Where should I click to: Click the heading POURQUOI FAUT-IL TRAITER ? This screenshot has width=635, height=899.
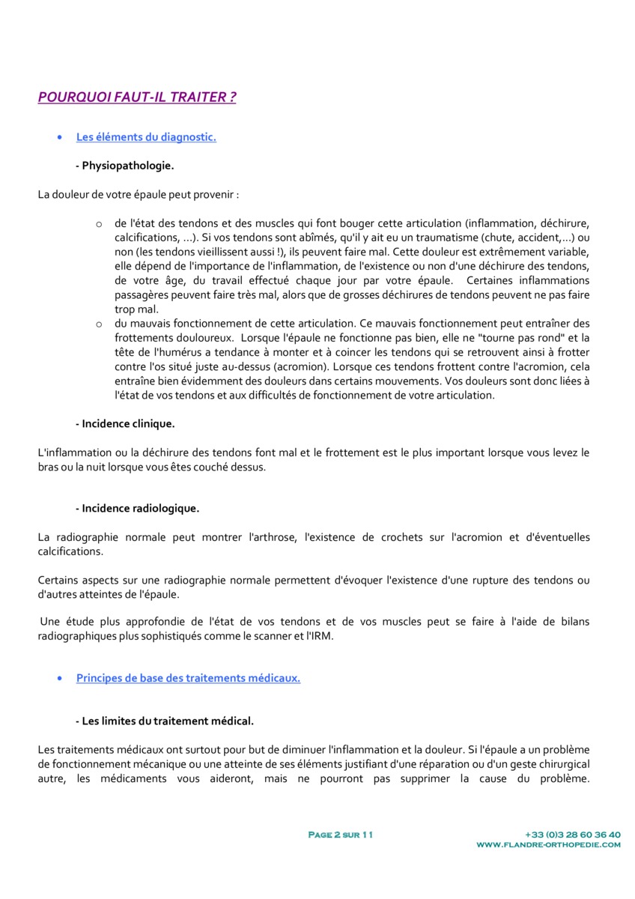tap(137, 97)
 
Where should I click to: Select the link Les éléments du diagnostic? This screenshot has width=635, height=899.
tap(146, 137)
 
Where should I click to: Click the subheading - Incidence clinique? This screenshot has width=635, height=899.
tap(125, 423)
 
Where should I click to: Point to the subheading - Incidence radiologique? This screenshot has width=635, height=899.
tap(137, 508)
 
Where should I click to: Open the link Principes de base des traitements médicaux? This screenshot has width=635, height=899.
tap(188, 678)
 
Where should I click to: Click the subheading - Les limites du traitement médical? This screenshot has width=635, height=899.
tap(164, 721)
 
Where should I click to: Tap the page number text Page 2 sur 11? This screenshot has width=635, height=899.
tap(341, 835)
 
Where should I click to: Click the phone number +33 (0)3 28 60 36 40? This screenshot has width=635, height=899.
tap(573, 835)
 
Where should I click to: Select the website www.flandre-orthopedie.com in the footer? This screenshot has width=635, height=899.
tap(548, 844)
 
